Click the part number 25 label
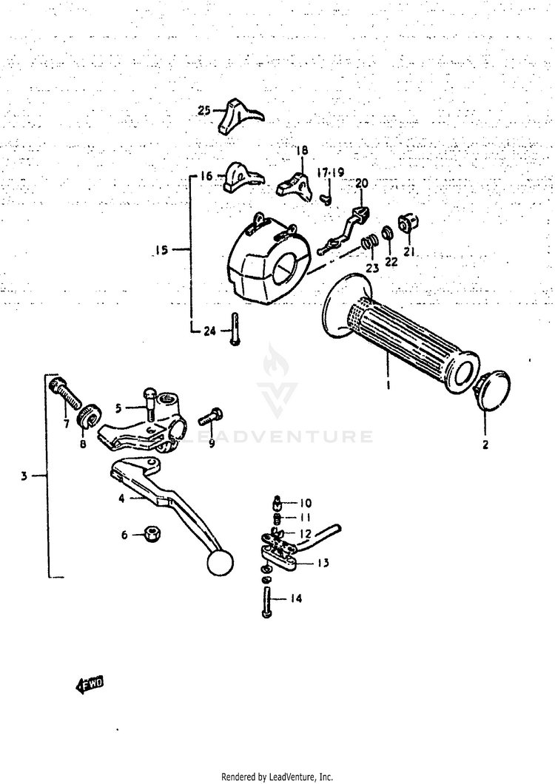click(204, 111)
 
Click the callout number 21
click(409, 251)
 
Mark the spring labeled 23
click(368, 243)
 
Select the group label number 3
click(24, 476)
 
